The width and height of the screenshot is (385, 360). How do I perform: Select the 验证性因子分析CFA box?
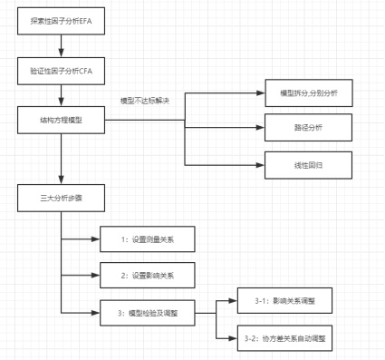(x=60, y=70)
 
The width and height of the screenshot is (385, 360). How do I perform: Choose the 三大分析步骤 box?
(x=60, y=196)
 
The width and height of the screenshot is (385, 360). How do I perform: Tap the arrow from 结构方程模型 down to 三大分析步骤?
(x=60, y=158)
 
